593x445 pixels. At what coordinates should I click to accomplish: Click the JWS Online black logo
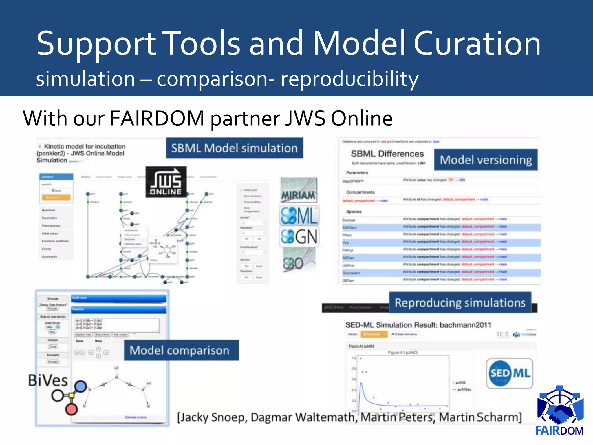click(x=166, y=182)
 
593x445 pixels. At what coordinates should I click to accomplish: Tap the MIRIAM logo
click(x=299, y=190)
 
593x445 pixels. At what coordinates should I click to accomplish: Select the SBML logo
click(x=299, y=216)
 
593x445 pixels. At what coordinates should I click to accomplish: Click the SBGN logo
click(x=299, y=237)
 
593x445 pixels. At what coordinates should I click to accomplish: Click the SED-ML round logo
click(x=510, y=373)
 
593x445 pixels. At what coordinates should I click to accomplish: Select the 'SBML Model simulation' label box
click(x=234, y=148)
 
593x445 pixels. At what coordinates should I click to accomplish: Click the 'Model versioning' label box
click(x=486, y=160)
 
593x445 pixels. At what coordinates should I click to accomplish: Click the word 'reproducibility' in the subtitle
click(x=349, y=79)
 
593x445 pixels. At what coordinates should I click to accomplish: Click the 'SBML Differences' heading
click(x=387, y=154)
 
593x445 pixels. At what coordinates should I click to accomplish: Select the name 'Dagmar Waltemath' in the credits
click(x=303, y=417)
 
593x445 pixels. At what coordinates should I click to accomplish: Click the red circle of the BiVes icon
click(x=71, y=409)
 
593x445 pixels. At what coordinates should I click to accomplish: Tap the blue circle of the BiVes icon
click(x=80, y=386)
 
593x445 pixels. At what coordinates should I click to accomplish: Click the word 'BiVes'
click(x=48, y=380)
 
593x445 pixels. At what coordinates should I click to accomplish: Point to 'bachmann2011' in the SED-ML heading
click(x=465, y=325)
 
